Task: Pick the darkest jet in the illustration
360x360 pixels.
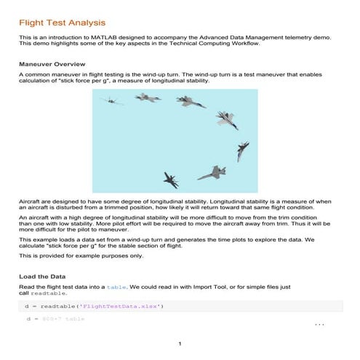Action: click(172, 179)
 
